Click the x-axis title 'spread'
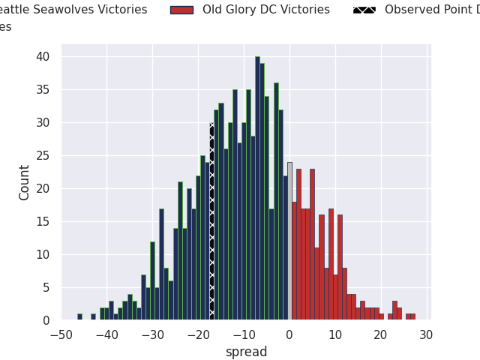246,352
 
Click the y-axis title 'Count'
25,182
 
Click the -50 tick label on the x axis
61,335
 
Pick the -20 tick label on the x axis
198,335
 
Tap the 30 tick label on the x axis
426,335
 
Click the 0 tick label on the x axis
289,335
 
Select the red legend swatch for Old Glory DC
181,10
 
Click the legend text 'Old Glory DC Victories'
266,10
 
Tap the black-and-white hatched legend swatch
364,10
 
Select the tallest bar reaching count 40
257,188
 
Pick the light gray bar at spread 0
289,241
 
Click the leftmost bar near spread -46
79,316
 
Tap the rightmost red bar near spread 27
412,316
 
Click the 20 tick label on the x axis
380,335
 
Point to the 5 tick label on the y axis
46,287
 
